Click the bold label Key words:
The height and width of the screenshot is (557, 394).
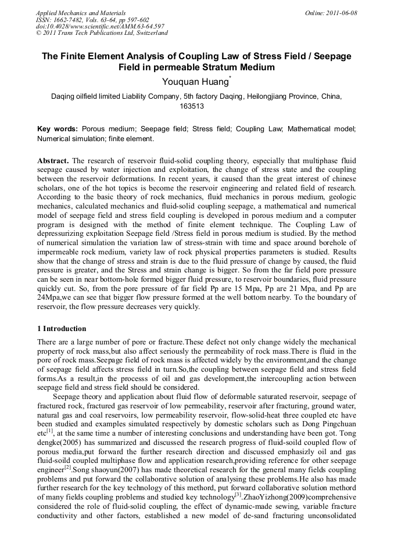coord(57,128)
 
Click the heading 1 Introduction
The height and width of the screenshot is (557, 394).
coord(62,329)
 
